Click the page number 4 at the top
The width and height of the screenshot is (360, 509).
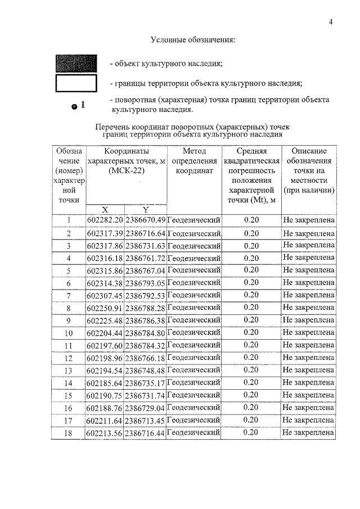click(x=331, y=22)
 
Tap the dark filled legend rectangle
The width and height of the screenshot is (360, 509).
click(x=76, y=62)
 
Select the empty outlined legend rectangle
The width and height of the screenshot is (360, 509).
click(x=76, y=83)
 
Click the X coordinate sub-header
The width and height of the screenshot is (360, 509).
click(x=105, y=210)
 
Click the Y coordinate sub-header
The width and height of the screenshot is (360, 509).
click(x=145, y=210)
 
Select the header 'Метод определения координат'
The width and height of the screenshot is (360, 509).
click(x=194, y=161)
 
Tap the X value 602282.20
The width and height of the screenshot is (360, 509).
click(x=105, y=220)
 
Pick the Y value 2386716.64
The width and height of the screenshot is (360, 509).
click(x=146, y=233)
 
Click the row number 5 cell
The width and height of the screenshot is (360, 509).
click(x=68, y=271)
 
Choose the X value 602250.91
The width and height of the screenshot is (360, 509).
click(x=105, y=308)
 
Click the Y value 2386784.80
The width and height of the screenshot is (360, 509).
click(x=146, y=332)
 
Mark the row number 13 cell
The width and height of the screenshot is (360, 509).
click(x=68, y=370)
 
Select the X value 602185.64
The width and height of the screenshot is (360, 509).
click(x=105, y=382)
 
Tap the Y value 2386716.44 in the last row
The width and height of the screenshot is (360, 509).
click(x=146, y=433)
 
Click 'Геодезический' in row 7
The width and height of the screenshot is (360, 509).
click(x=194, y=295)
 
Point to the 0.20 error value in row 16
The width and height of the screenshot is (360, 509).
click(x=251, y=407)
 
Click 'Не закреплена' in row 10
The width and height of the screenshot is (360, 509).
click(x=308, y=332)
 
